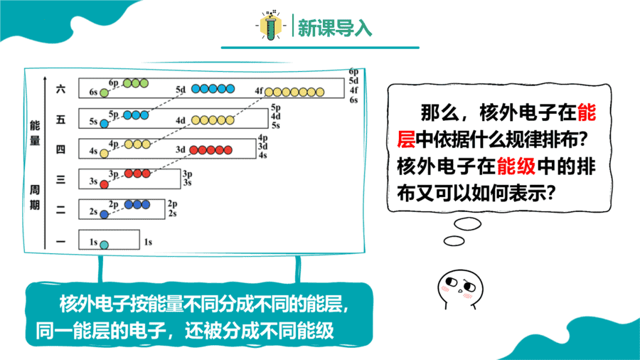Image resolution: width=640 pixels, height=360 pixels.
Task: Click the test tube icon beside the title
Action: (271, 26)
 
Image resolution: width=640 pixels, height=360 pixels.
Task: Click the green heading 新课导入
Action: (335, 28)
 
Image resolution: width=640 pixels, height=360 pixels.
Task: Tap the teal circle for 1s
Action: (104, 245)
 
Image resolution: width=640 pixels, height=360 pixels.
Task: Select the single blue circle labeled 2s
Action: (104, 214)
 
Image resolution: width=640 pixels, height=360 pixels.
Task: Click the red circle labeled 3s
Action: (104, 184)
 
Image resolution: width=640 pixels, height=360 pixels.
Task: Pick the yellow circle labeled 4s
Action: (104, 154)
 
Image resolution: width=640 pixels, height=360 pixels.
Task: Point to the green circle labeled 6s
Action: (104, 93)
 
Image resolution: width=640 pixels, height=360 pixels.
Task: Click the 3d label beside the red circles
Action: (181, 150)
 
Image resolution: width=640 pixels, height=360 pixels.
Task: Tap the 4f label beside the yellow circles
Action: (259, 90)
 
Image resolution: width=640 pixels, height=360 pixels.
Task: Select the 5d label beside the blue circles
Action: (181, 90)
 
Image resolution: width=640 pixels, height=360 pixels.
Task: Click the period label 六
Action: (60, 89)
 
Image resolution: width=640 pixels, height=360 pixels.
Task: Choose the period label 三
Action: (60, 179)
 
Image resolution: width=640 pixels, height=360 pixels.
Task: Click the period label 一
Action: (60, 242)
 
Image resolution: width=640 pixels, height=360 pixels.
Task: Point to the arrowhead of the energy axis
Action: (45, 77)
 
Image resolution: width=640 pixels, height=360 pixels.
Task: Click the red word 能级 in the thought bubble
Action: (516, 166)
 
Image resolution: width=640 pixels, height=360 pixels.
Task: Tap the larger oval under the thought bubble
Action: (468, 223)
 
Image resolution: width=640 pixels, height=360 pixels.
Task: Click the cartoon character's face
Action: (460, 287)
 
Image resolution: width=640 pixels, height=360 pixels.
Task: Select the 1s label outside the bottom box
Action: (148, 242)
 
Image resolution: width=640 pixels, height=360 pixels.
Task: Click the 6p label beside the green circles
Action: (114, 83)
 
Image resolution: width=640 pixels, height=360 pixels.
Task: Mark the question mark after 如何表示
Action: (550, 193)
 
